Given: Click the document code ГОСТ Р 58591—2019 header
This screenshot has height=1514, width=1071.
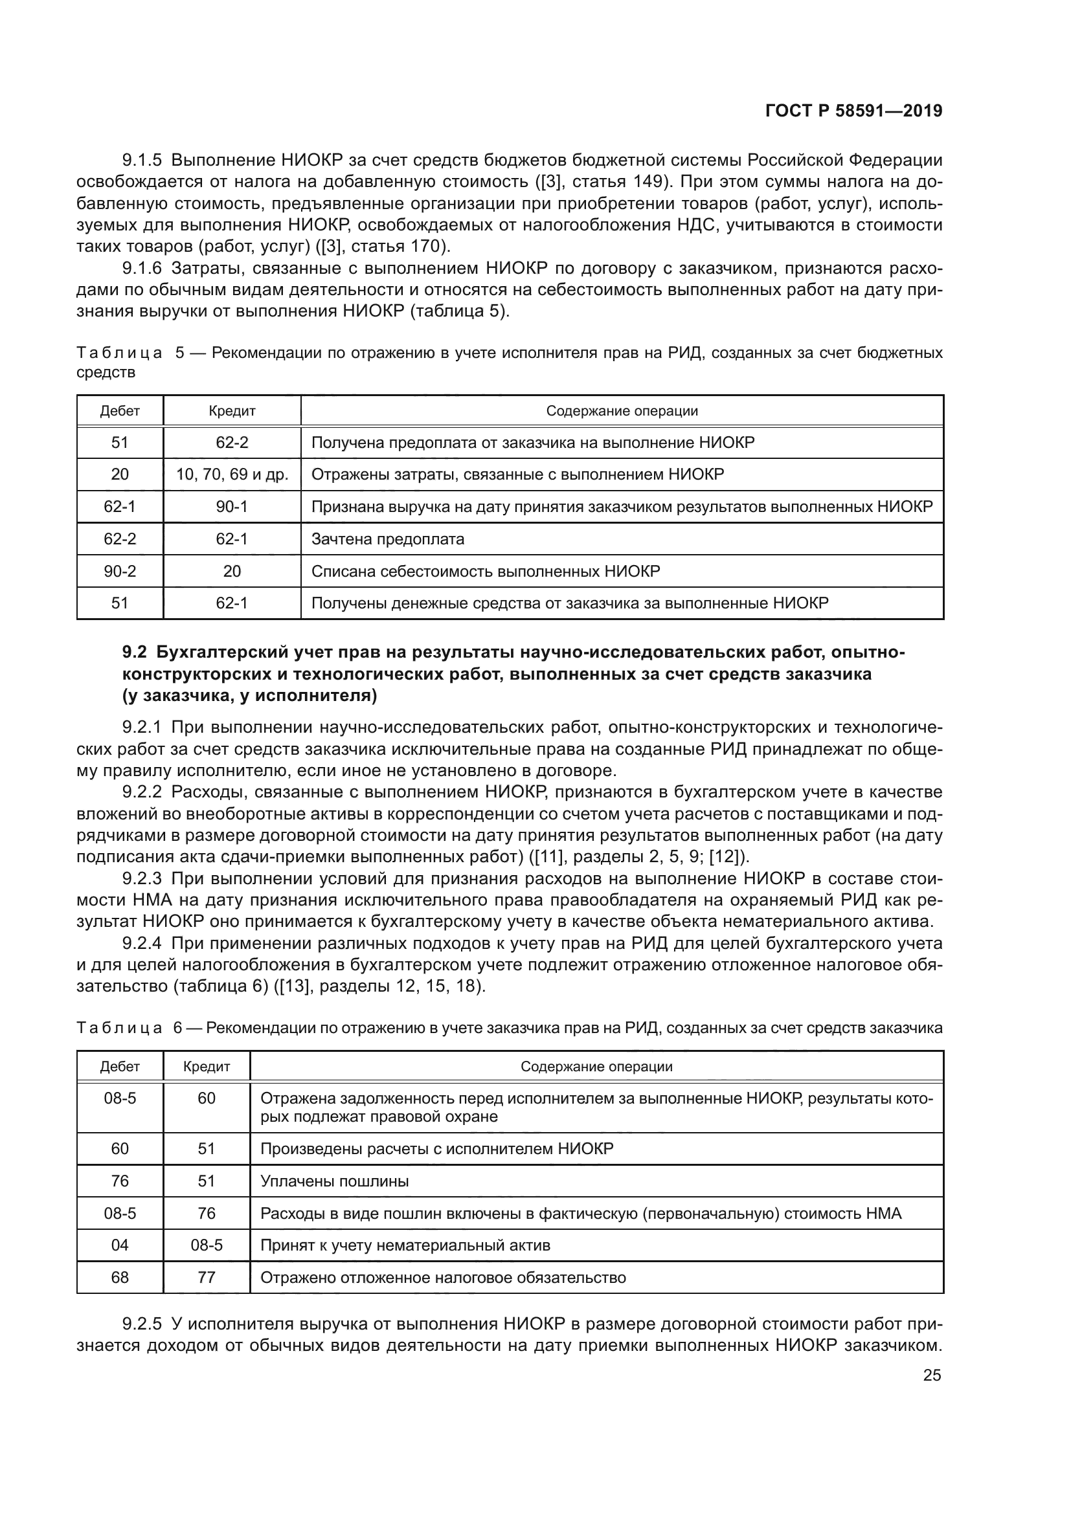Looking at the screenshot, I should pyautogui.click(x=853, y=111).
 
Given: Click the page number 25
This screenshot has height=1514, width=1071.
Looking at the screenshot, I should pyautogui.click(x=931, y=1375).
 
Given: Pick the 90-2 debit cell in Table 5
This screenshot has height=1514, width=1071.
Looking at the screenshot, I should pyautogui.click(x=119, y=571).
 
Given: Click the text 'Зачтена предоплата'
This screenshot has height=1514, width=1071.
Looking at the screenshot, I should pyautogui.click(x=387, y=539).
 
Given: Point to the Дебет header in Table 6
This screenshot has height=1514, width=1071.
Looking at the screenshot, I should pyautogui.click(x=119, y=1066).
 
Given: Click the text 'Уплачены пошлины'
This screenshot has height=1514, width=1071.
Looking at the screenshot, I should pyautogui.click(x=334, y=1181).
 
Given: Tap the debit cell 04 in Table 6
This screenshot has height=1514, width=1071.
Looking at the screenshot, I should pyautogui.click(x=119, y=1245).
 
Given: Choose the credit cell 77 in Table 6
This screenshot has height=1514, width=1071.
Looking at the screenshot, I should pyautogui.click(x=207, y=1277).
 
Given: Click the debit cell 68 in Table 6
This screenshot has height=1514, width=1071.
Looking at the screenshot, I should pyautogui.click(x=119, y=1277).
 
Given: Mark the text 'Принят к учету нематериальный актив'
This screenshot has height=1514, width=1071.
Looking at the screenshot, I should pyautogui.click(x=405, y=1245).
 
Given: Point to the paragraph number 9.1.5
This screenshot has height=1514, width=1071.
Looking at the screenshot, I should pyautogui.click(x=142, y=161).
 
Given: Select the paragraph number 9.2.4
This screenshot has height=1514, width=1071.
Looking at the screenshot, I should pyautogui.click(x=142, y=944).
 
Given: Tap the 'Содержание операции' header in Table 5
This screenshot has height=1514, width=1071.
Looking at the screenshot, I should pyautogui.click(x=621, y=411).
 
